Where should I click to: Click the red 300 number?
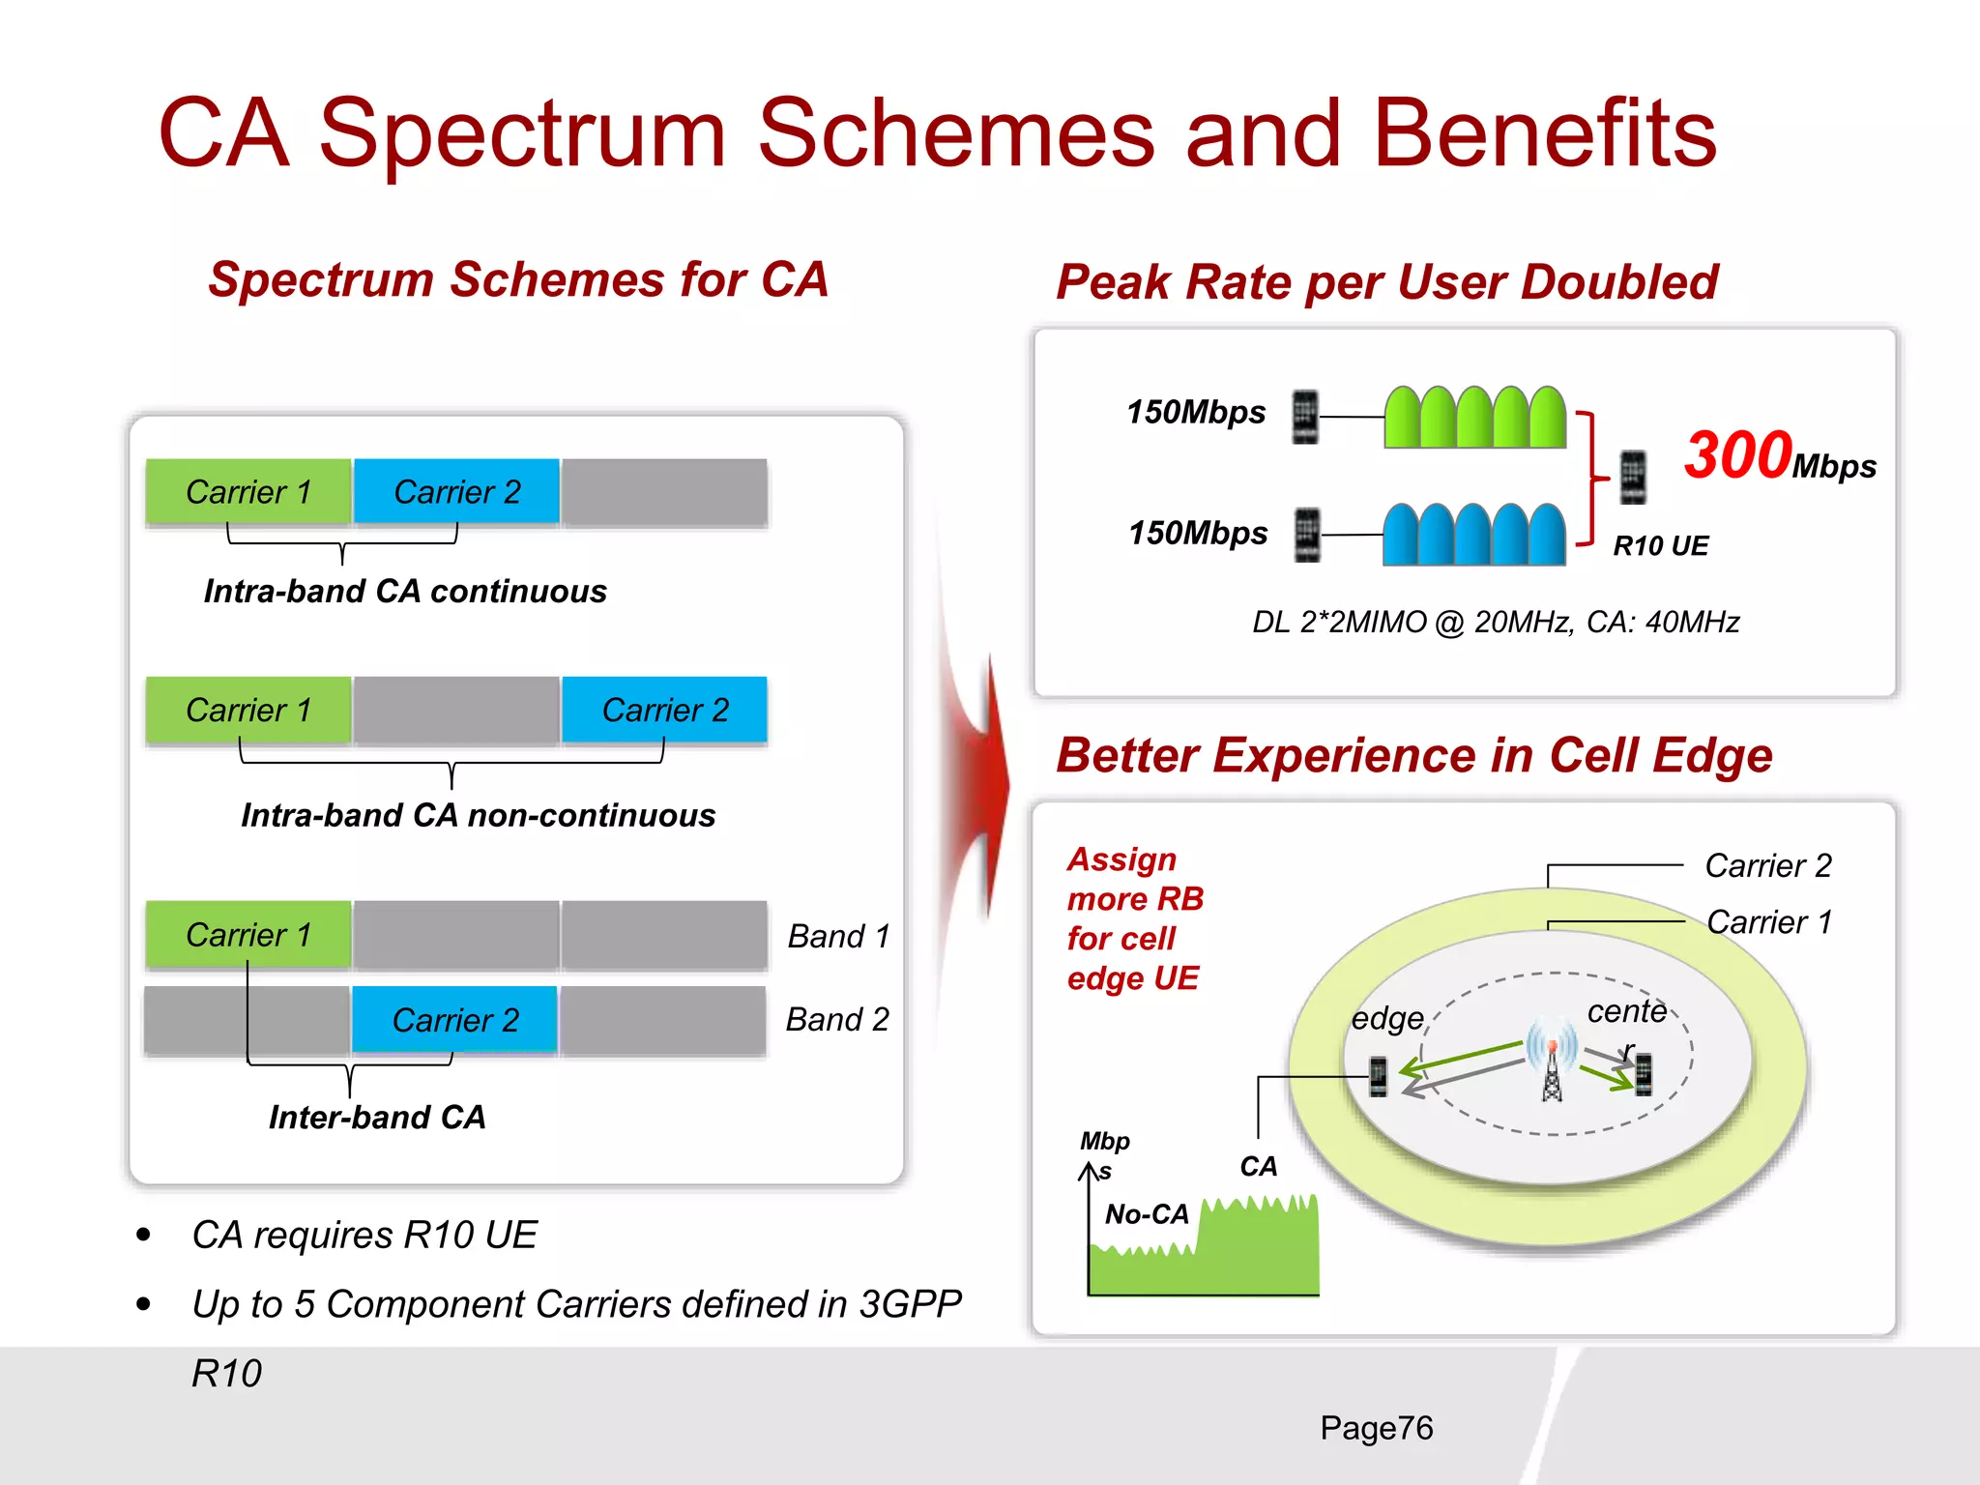1736,455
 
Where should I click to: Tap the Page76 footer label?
1376,1428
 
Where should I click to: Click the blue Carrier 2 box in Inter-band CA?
454,1019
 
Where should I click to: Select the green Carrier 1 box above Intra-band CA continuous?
248,491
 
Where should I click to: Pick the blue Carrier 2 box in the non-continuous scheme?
664,710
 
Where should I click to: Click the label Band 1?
838,936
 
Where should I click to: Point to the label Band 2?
837,1019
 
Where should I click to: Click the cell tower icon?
1552,1068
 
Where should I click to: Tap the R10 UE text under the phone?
1660,546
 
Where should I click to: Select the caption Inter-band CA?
377,1117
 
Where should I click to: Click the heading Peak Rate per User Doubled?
1386,282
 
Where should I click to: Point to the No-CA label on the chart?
1147,1213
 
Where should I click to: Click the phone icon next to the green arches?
1305,417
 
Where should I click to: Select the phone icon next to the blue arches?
1306,535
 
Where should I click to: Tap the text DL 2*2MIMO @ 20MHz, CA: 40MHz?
1496,622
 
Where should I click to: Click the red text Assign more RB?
1134,879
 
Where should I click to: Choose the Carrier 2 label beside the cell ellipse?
1767,865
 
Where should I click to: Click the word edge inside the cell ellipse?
1387,1018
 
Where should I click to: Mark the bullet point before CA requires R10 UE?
144,1235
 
